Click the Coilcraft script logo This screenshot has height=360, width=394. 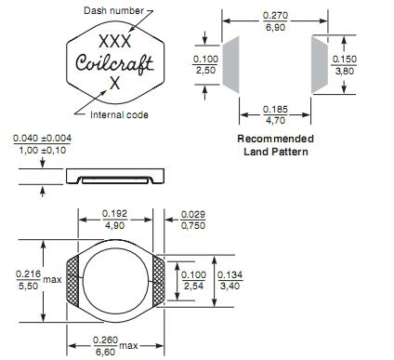click(x=114, y=63)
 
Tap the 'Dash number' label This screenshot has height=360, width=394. click(x=113, y=10)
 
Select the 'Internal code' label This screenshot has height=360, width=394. click(x=119, y=114)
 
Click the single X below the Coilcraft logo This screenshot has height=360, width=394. click(x=114, y=83)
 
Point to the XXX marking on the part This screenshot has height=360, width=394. click(x=115, y=41)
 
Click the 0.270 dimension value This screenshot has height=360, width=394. click(x=275, y=15)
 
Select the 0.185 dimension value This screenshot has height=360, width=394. click(x=275, y=109)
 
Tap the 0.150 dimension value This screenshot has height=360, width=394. click(x=345, y=59)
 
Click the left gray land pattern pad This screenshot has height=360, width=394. click(x=231, y=64)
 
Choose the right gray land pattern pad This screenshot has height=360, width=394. click(x=320, y=64)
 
